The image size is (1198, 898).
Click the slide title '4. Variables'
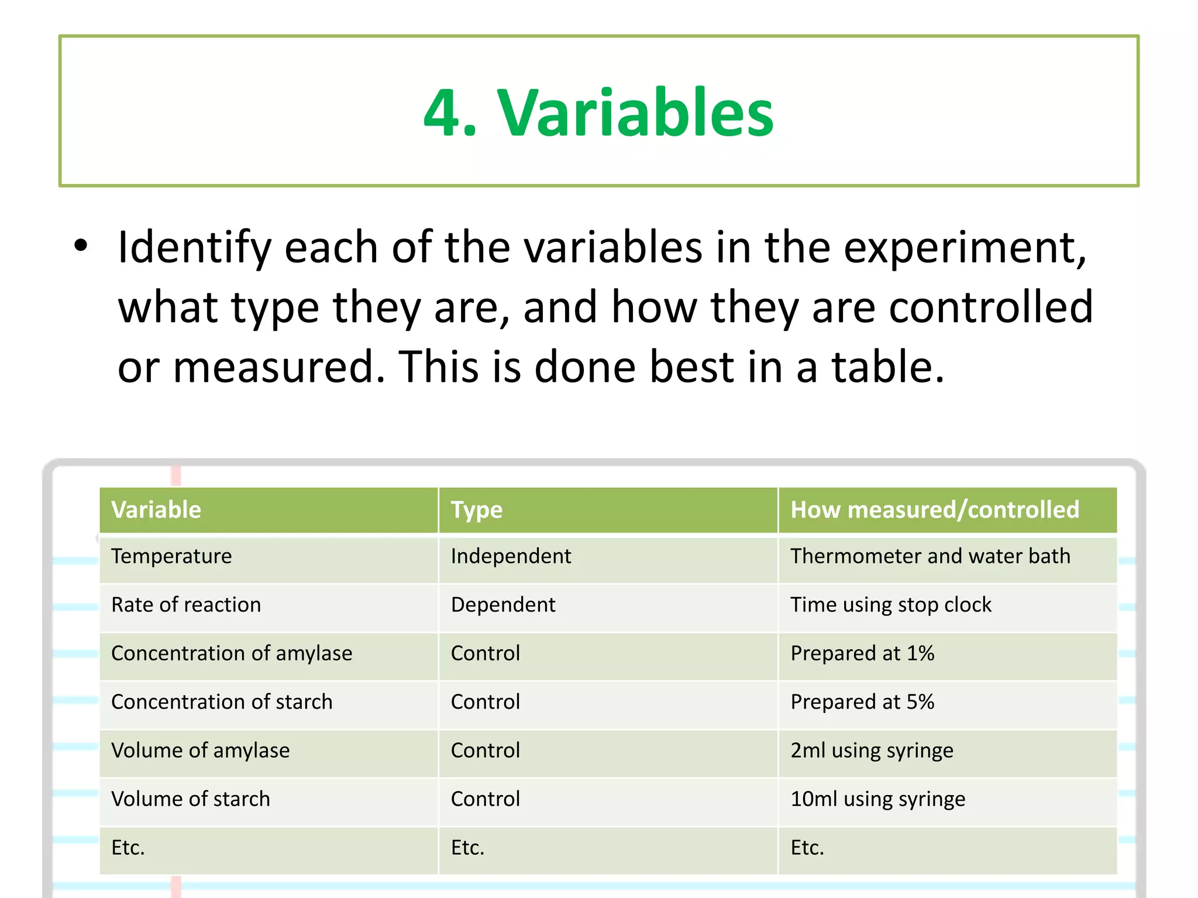598,112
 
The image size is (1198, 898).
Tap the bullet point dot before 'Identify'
81,246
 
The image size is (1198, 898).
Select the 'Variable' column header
156,510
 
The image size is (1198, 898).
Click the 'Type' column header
476,510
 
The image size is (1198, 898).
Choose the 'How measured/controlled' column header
934,510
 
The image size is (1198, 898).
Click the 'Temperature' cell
171,556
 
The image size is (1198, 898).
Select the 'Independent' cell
511,556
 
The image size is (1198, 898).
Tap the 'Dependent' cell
503,605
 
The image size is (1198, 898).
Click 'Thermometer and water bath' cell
930,556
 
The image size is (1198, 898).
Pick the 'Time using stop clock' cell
890,605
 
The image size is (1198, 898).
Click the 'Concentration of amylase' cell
232,653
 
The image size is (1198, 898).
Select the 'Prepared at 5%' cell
862,702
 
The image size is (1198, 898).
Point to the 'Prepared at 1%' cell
862,653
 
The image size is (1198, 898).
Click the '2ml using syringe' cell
872,750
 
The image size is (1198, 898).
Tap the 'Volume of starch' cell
191,799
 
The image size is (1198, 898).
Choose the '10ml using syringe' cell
877,799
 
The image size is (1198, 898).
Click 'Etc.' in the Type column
467,847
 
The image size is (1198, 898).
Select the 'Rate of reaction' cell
186,605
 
